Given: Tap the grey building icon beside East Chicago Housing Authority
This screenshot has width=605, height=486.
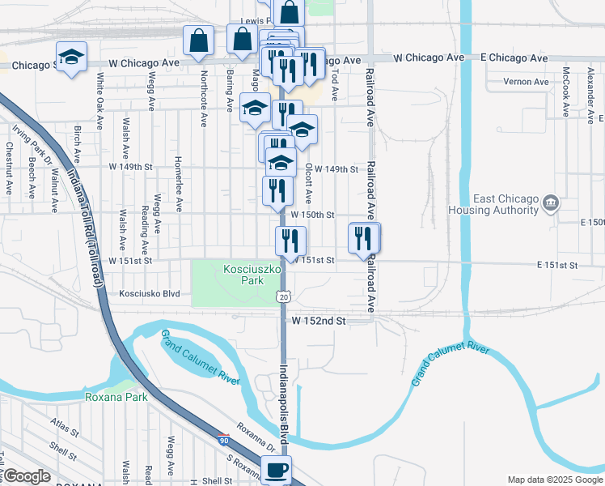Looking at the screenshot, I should pyautogui.click(x=550, y=202).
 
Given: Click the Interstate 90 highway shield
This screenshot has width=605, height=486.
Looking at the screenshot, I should pyautogui.click(x=223, y=440).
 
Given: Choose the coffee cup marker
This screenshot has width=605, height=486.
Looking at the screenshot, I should pyautogui.click(x=277, y=468).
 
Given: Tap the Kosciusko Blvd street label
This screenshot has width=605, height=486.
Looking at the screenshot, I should pyautogui.click(x=149, y=294).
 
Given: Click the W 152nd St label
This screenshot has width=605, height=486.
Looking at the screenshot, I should pyautogui.click(x=319, y=321).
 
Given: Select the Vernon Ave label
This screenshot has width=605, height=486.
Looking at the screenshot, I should pyautogui.click(x=526, y=82).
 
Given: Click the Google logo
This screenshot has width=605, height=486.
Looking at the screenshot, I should pyautogui.click(x=27, y=476).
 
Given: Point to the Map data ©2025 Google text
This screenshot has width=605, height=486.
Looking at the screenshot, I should pyautogui.click(x=555, y=480).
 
